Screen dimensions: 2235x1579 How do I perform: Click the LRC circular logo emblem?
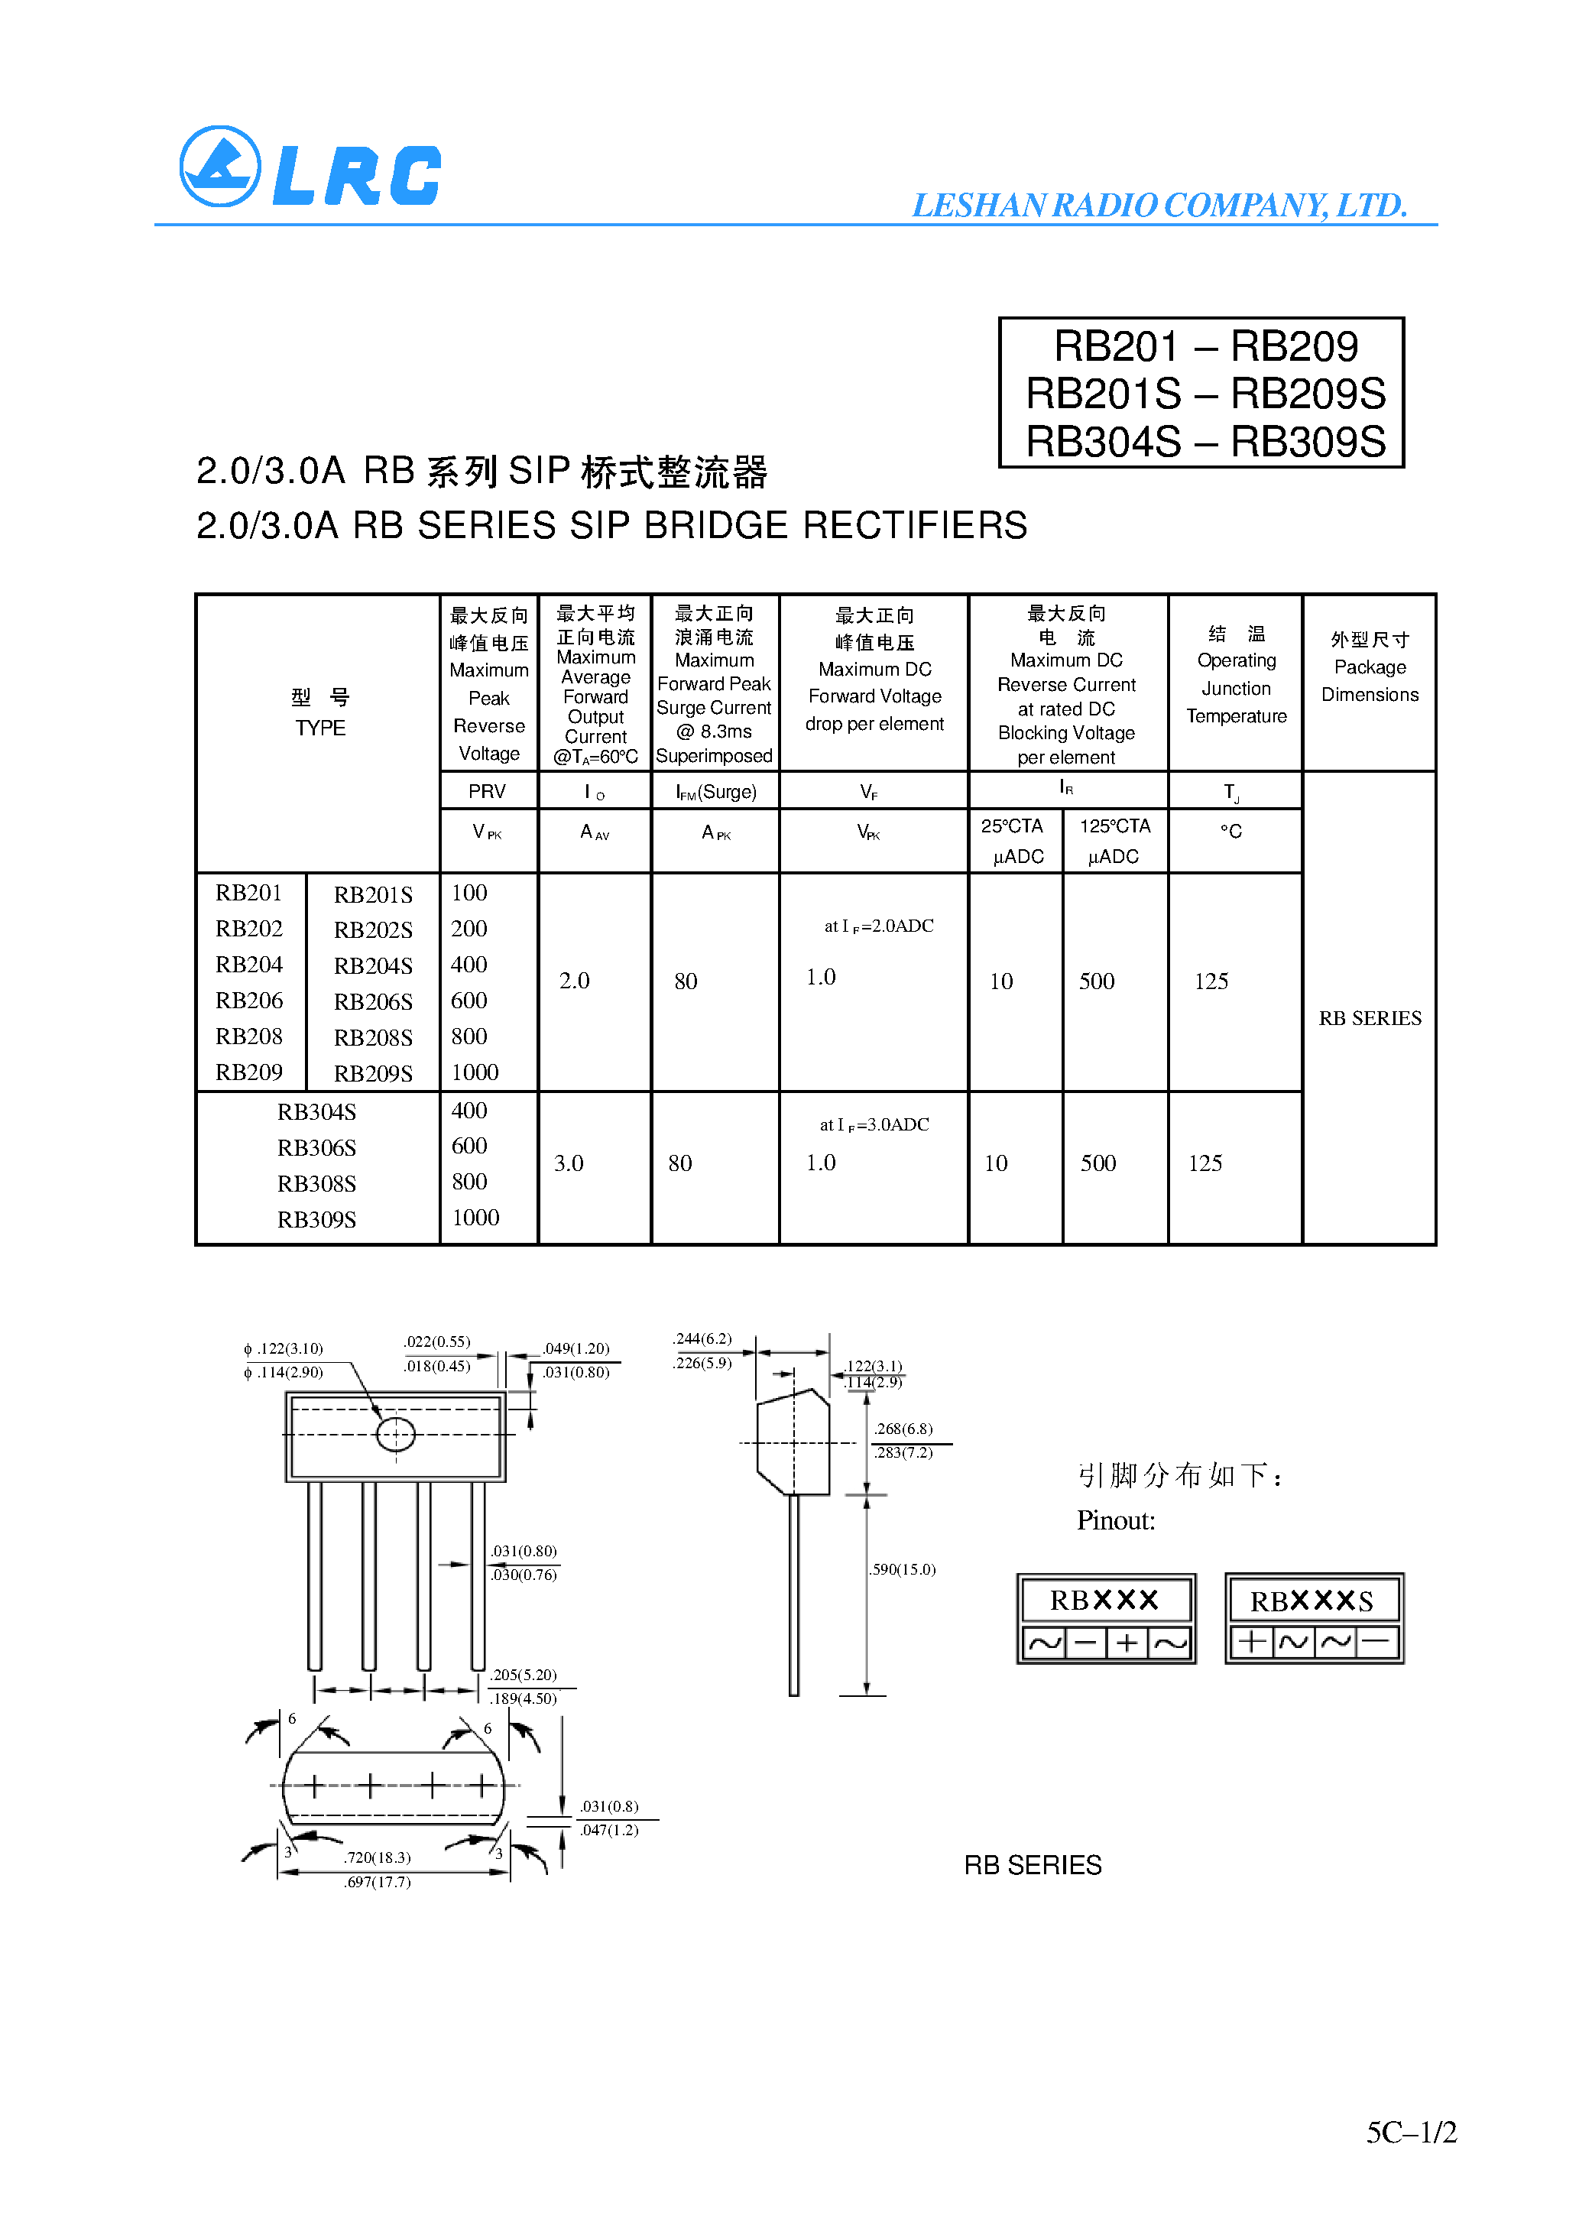[x=220, y=167]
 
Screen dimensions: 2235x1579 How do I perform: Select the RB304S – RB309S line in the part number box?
[x=1205, y=442]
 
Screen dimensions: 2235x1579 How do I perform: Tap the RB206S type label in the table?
[x=373, y=1001]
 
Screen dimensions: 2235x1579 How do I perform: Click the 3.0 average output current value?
[x=569, y=1163]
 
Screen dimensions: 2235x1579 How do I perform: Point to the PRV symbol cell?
[x=487, y=791]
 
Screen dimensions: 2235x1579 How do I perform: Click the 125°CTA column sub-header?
[x=1114, y=826]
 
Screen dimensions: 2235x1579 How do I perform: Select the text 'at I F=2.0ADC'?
[x=878, y=926]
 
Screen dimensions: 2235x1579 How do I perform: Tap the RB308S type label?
[x=316, y=1184]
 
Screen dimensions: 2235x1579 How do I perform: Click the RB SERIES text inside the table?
[x=1370, y=1018]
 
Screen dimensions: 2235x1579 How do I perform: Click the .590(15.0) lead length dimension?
[x=903, y=1569]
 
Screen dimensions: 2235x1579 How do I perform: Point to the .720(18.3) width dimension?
[x=377, y=1857]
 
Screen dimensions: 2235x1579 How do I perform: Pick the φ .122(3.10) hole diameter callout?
[x=284, y=1348]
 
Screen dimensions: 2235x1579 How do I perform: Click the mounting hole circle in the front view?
[x=395, y=1434]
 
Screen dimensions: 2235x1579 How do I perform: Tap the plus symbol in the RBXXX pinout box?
[x=1127, y=1643]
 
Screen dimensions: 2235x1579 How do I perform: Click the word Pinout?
[x=1116, y=1520]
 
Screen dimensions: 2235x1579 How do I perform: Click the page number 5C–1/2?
[x=1411, y=2132]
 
